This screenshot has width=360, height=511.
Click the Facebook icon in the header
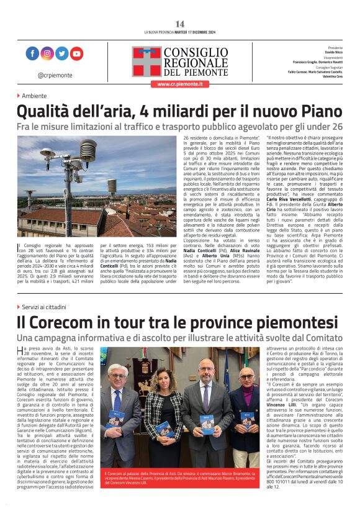pyautogui.click(x=32, y=54)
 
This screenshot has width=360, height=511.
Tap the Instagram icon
pyautogui.click(x=47, y=54)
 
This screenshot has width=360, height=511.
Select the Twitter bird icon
pyautogui.click(x=61, y=54)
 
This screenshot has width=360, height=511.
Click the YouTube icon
pyautogui.click(x=76, y=54)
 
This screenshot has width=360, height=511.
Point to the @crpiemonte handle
pyautogui.click(x=53, y=75)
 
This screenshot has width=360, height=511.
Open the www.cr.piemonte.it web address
pyautogui.click(x=179, y=83)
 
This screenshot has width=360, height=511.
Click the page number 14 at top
pyautogui.click(x=179, y=24)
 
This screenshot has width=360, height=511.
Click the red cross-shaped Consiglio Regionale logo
pyautogui.click(x=146, y=61)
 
